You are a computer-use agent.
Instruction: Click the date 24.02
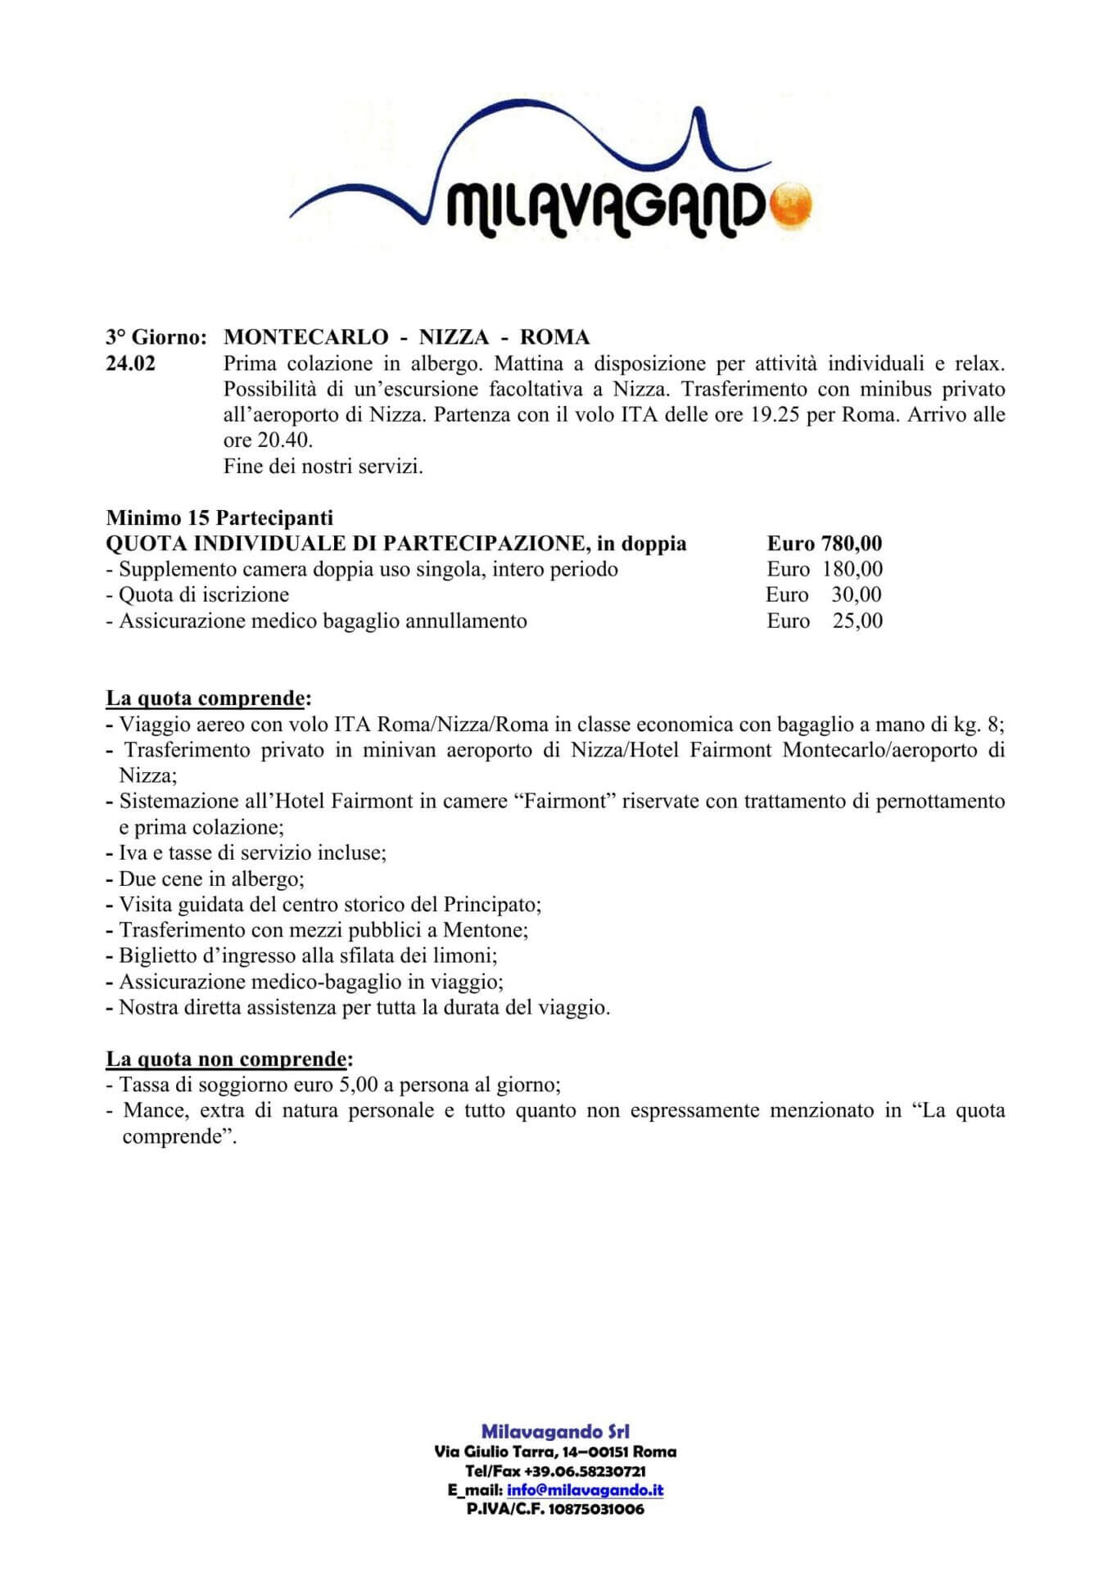click(x=130, y=363)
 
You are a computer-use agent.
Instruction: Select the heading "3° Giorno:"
click(x=156, y=337)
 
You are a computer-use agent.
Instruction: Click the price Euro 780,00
click(x=824, y=544)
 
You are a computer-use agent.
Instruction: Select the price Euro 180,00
click(x=824, y=569)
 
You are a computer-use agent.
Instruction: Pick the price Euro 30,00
click(x=824, y=594)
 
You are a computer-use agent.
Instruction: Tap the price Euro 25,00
click(x=824, y=621)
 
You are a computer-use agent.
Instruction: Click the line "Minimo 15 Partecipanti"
click(x=219, y=517)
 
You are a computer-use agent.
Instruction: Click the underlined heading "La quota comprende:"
click(x=209, y=698)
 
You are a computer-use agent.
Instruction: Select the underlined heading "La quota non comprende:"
click(x=229, y=1059)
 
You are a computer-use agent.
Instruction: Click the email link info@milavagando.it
click(x=585, y=1490)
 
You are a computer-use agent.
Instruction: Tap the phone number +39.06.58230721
click(x=585, y=1471)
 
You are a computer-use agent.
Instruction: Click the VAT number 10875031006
click(x=596, y=1509)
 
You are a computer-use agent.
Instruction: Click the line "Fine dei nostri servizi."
click(x=323, y=467)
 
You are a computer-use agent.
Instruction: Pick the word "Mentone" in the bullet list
click(x=484, y=930)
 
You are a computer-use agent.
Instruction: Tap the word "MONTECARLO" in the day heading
click(x=305, y=337)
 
